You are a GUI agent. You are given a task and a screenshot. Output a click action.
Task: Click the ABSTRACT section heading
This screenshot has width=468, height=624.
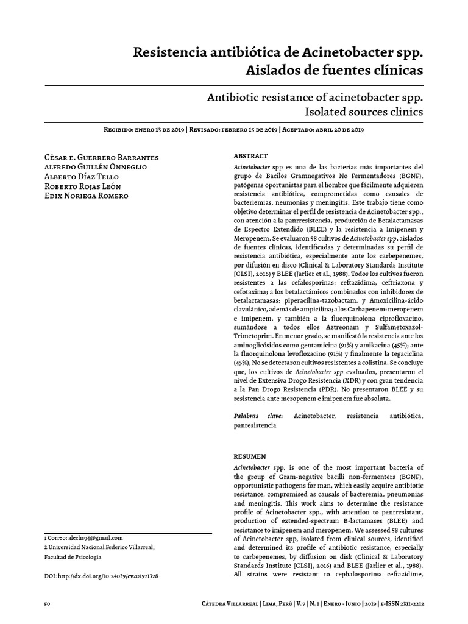(250, 157)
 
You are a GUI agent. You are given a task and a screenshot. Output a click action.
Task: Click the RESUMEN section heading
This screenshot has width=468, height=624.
(250, 456)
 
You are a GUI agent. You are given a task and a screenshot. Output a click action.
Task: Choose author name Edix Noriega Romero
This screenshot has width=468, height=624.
(86, 196)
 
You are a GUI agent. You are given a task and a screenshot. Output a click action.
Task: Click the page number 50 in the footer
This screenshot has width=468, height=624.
(47, 604)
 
